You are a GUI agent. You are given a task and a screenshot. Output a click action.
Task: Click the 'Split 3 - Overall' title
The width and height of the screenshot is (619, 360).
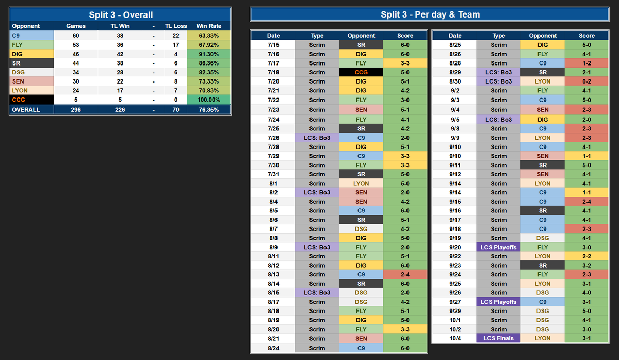(121, 14)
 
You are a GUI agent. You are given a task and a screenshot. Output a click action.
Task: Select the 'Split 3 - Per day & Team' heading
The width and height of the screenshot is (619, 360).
(430, 14)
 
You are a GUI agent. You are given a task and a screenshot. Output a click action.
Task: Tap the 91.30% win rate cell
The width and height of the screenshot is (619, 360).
(208, 54)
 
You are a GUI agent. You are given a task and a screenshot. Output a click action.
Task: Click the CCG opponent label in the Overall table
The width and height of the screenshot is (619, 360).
(32, 100)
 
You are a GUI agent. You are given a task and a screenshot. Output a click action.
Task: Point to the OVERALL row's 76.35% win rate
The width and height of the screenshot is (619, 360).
(208, 110)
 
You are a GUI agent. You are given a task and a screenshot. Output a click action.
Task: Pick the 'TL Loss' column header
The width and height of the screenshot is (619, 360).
(176, 26)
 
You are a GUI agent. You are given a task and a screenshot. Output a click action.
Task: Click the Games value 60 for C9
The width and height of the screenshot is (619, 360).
(76, 36)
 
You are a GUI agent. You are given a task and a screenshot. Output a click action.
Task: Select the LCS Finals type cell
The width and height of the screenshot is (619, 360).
(498, 338)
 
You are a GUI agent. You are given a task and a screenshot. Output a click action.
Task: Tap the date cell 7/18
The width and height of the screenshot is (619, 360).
(273, 72)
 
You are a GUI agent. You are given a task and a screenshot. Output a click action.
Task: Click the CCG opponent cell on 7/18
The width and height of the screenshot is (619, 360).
(361, 72)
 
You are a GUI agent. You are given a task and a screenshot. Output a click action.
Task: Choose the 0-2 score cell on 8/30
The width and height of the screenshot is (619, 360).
(587, 81)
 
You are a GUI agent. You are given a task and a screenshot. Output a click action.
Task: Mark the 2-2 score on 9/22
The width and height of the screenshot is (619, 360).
(587, 256)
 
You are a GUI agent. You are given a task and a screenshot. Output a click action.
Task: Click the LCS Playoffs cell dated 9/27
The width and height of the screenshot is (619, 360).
(498, 302)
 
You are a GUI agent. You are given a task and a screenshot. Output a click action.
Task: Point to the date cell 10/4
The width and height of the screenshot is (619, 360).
(454, 338)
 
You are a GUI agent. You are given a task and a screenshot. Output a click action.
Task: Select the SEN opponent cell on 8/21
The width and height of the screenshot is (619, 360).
(361, 338)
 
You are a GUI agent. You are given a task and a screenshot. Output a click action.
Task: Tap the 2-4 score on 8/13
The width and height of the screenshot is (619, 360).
(405, 274)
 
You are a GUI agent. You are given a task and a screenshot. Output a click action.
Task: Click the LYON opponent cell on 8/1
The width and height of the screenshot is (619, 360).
(361, 183)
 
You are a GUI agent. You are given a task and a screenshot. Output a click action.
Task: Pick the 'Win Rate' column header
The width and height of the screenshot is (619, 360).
(208, 26)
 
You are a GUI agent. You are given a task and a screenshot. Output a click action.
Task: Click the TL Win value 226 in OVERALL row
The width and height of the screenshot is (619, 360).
(120, 110)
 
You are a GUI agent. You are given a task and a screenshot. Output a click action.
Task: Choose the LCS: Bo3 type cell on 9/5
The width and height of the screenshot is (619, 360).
(498, 119)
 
